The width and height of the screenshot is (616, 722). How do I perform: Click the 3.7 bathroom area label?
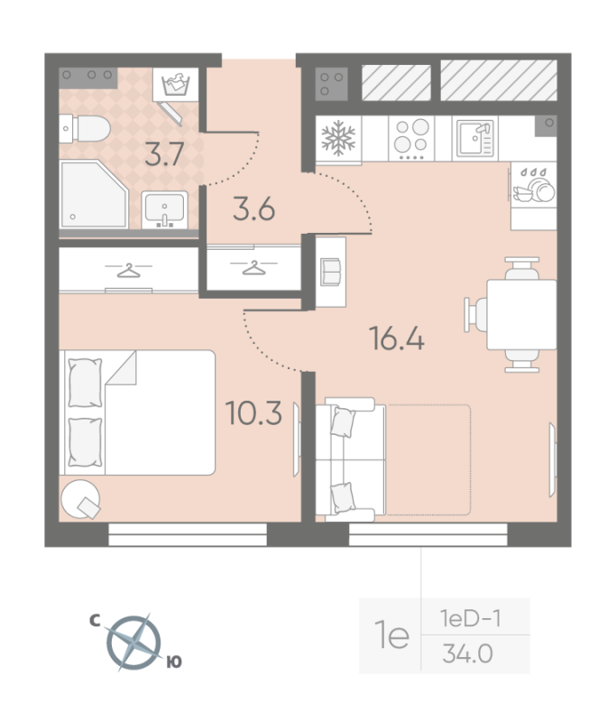(x=164, y=154)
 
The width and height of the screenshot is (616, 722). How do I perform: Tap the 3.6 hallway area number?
(x=254, y=208)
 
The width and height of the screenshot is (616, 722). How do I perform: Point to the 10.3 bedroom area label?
(x=253, y=412)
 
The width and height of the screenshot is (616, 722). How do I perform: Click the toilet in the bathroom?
(x=85, y=128)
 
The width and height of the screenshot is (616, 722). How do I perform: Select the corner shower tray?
(x=94, y=194)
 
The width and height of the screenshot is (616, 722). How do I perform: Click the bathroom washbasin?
(x=164, y=210)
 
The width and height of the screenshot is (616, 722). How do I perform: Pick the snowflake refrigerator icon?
(x=338, y=138)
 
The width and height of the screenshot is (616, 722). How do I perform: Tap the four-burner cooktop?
(x=412, y=138)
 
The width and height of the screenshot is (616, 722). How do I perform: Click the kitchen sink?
(x=475, y=138)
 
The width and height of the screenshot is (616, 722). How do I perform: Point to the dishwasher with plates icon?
(x=534, y=185)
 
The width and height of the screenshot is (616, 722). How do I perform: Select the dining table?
(x=521, y=314)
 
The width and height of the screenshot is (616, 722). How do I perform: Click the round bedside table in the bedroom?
(x=80, y=499)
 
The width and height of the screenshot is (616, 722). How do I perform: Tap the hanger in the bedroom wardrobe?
(x=129, y=270)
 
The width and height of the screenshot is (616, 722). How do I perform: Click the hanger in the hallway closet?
(x=254, y=267)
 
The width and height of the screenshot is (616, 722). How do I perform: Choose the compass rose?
(x=133, y=643)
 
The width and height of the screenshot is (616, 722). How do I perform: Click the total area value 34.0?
(x=467, y=653)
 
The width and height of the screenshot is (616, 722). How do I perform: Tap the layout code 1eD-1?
(x=470, y=618)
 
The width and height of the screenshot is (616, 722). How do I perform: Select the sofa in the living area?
(x=351, y=459)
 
